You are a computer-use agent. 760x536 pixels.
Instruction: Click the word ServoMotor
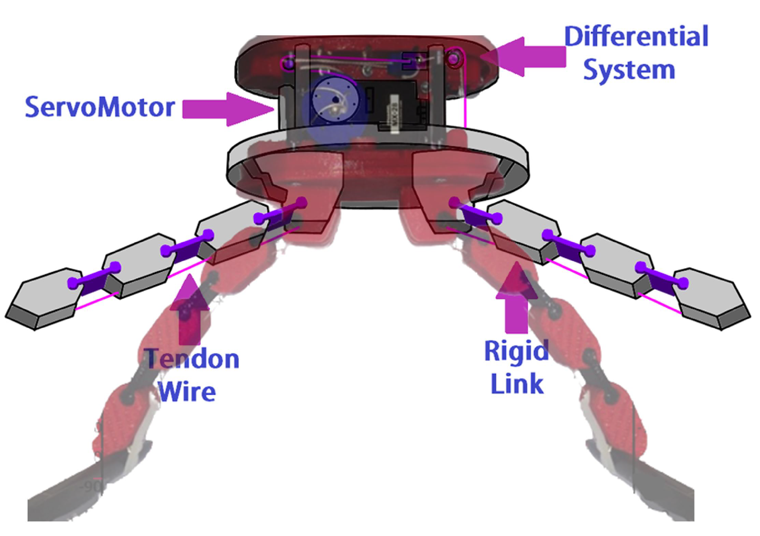pyautogui.click(x=99, y=107)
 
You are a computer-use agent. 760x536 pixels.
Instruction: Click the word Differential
pyautogui.click(x=636, y=37)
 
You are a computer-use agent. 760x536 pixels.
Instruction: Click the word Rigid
pyautogui.click(x=516, y=351)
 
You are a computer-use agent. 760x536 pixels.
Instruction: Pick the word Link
pyautogui.click(x=517, y=384)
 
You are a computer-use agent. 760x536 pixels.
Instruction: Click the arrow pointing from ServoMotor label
pyautogui.click(x=227, y=109)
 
